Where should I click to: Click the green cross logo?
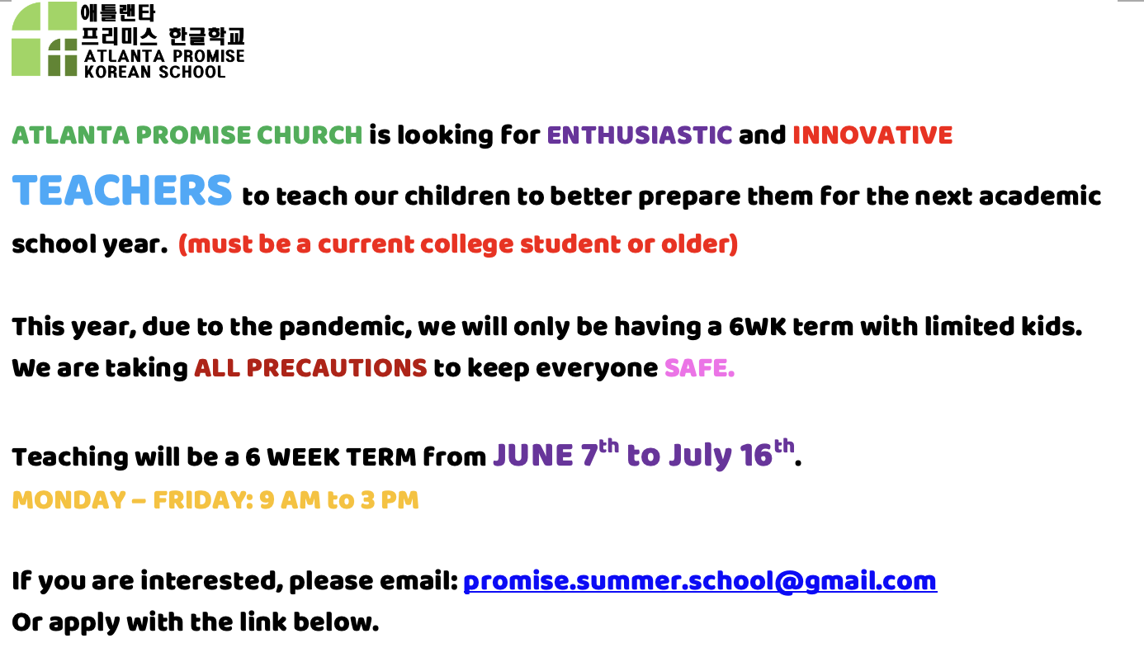coord(45,40)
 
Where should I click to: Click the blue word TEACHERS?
coord(122,191)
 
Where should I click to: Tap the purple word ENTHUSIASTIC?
coord(640,135)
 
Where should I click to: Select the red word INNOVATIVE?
coord(872,135)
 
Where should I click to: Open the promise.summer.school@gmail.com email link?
coord(700,581)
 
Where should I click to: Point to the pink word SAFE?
coord(699,368)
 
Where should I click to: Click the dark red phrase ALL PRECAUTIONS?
coord(310,368)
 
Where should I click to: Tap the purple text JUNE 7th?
coord(555,454)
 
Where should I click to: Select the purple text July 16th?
coord(732,454)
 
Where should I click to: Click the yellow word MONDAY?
coord(69,500)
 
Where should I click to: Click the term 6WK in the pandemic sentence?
coord(758,327)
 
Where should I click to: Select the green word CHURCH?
coord(310,135)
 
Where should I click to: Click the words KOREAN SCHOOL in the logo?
coord(154,72)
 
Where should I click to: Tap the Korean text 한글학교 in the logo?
coord(206,36)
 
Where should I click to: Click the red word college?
coord(466,244)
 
